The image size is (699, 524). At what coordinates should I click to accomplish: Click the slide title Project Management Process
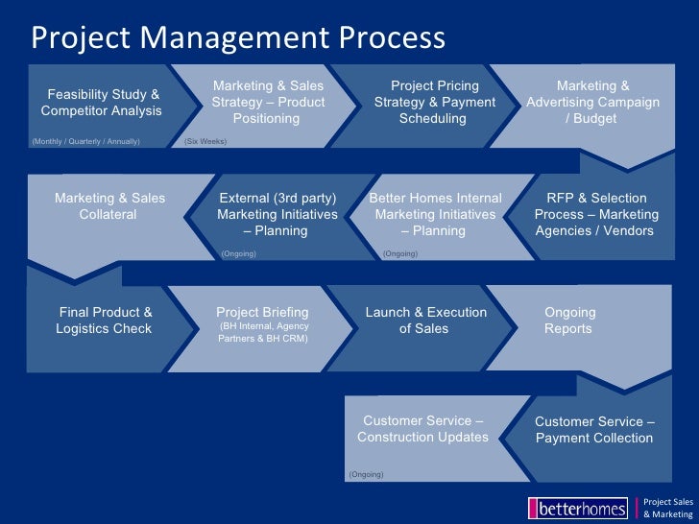[x=238, y=37]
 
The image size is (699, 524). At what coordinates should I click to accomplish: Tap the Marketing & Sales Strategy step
[x=268, y=103]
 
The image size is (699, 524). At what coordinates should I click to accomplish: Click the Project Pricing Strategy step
[x=434, y=103]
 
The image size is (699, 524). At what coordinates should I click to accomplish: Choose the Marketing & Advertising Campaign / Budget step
[x=592, y=103]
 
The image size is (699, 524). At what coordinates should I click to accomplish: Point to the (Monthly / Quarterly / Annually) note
[x=85, y=141]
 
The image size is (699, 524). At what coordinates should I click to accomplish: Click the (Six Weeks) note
[x=205, y=141]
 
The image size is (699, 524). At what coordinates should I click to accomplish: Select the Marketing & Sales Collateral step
[x=109, y=206]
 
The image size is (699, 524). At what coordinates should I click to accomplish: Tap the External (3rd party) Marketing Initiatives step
[x=277, y=214]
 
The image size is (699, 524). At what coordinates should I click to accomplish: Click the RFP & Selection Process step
[x=596, y=214]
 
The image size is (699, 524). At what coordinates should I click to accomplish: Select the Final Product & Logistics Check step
[x=106, y=321]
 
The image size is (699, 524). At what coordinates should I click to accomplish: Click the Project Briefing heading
[x=262, y=312]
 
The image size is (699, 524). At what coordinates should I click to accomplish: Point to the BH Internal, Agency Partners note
[x=263, y=332]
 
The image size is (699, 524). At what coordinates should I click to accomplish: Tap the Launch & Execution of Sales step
[x=425, y=321]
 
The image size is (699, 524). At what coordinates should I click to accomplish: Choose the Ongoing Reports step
[x=569, y=321]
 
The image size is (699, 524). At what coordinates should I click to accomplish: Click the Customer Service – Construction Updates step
[x=422, y=429]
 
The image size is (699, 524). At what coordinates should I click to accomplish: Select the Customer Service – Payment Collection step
[x=594, y=430]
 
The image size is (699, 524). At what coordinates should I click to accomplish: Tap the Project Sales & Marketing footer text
[x=667, y=507]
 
